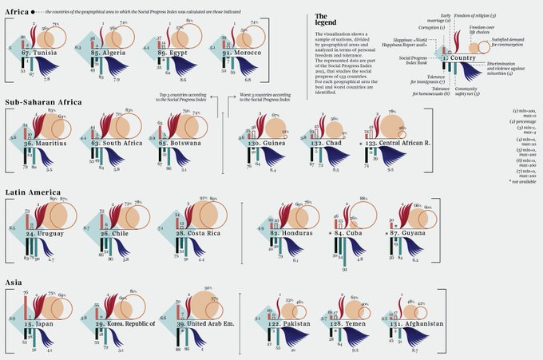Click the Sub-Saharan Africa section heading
40,102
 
